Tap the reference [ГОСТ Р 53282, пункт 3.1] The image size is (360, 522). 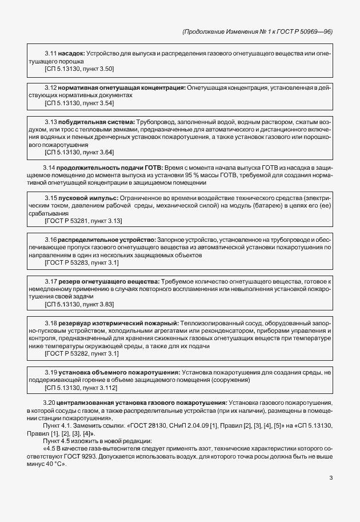[81, 353]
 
